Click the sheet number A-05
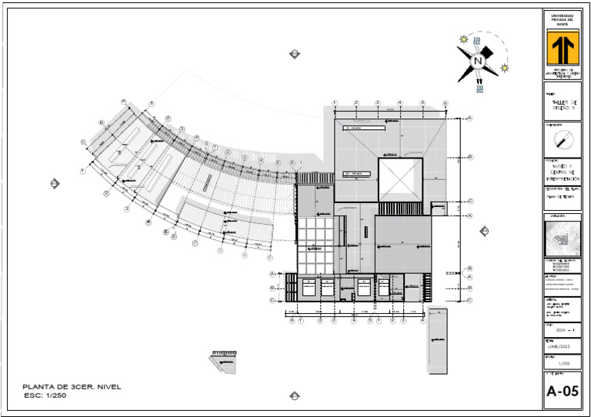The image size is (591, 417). (x=562, y=392)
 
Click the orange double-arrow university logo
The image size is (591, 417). (x=562, y=48)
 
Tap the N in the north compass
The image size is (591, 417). (x=478, y=61)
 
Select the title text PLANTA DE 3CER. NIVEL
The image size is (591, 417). (x=72, y=387)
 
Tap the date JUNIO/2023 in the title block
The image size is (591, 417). (x=562, y=346)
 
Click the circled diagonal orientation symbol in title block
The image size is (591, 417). (x=563, y=139)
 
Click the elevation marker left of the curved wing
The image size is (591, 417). (x=55, y=182)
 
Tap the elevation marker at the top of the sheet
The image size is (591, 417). (x=294, y=53)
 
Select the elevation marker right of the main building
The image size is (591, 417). (x=486, y=230)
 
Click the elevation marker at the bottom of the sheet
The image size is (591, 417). (x=294, y=395)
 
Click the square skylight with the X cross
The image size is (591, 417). (x=399, y=179)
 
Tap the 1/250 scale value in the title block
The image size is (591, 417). (x=563, y=362)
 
